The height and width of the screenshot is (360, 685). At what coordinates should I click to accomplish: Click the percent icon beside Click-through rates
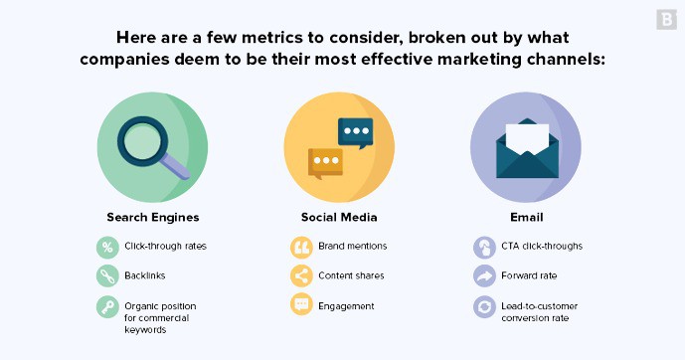tap(106, 247)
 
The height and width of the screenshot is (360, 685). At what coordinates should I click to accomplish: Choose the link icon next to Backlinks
tap(106, 275)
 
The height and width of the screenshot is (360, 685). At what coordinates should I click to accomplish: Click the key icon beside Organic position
tap(106, 307)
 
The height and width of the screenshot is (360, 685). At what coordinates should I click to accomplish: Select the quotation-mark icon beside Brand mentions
tap(300, 247)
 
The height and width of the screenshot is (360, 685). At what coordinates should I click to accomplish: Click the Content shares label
tap(351, 275)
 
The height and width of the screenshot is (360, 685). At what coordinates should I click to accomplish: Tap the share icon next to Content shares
tap(300, 275)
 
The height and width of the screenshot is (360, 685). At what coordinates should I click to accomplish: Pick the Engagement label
tap(346, 305)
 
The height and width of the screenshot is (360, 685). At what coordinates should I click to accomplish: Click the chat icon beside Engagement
tap(300, 305)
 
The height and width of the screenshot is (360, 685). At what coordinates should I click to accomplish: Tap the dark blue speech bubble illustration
tap(355, 130)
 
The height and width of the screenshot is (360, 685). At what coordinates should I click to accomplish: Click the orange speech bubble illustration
tap(324, 162)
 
